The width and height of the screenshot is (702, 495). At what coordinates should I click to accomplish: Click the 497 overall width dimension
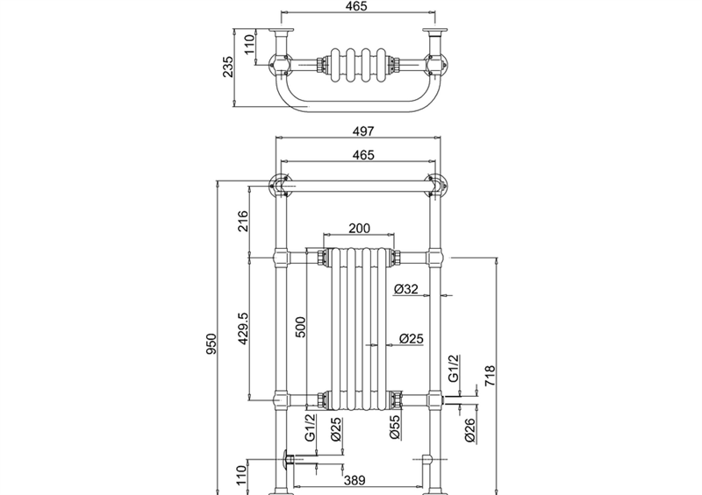click(x=363, y=131)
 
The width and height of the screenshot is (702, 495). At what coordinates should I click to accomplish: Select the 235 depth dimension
click(x=228, y=67)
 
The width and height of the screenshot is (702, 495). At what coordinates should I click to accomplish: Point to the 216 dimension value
click(x=242, y=221)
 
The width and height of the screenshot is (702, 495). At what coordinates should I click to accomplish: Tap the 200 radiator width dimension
click(x=360, y=228)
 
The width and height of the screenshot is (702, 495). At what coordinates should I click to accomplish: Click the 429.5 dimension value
click(x=243, y=329)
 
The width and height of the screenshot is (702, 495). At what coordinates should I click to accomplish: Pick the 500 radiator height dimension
click(x=300, y=327)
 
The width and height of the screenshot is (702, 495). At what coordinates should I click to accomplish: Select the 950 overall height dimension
click(x=211, y=343)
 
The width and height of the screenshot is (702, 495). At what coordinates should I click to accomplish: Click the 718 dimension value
click(x=491, y=376)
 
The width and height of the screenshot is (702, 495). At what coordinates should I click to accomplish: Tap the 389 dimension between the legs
click(x=355, y=480)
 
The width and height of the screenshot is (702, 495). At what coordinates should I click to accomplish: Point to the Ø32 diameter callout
click(x=406, y=289)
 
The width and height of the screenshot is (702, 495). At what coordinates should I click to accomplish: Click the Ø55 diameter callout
click(x=394, y=428)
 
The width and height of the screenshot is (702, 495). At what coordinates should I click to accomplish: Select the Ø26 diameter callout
click(x=469, y=431)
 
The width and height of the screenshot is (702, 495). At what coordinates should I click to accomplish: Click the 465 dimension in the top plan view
click(x=356, y=6)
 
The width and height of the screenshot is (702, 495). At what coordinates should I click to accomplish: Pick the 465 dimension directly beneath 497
click(x=363, y=155)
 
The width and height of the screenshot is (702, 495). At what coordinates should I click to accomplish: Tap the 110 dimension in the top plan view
click(x=248, y=45)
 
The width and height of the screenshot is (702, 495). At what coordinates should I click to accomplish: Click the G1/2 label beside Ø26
click(x=454, y=369)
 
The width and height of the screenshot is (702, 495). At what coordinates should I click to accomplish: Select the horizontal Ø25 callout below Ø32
click(x=411, y=338)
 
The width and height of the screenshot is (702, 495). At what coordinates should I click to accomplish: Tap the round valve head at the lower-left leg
click(x=286, y=460)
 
